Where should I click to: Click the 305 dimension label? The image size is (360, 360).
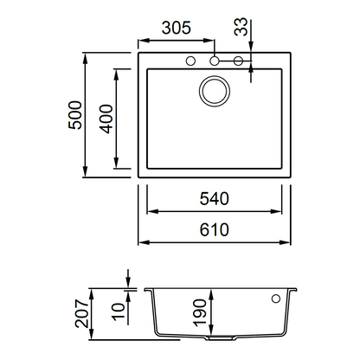click(x=177, y=28)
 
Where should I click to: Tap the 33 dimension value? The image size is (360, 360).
click(x=241, y=27)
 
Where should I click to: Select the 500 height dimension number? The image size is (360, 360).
click(x=75, y=115)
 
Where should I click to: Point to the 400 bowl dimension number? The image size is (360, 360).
click(x=106, y=119)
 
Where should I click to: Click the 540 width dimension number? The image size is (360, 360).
click(x=215, y=199)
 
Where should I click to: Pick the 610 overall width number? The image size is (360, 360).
click(x=215, y=230)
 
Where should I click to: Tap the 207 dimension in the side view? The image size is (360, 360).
click(x=81, y=313)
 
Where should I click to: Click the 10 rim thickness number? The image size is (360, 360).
click(x=119, y=312)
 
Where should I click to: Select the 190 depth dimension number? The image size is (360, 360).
click(x=200, y=312)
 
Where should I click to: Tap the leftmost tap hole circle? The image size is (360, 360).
click(x=190, y=61)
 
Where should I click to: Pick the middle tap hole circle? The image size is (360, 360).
click(x=215, y=61)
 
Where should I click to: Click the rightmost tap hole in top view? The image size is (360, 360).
click(x=238, y=61)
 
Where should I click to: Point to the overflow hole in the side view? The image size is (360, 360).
click(x=276, y=299)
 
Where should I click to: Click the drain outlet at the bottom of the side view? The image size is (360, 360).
click(x=221, y=338)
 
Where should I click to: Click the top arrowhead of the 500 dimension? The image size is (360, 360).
click(x=85, y=59)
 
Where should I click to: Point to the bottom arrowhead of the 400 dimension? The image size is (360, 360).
click(x=116, y=163)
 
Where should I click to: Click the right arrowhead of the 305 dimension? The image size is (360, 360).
click(x=209, y=41)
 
